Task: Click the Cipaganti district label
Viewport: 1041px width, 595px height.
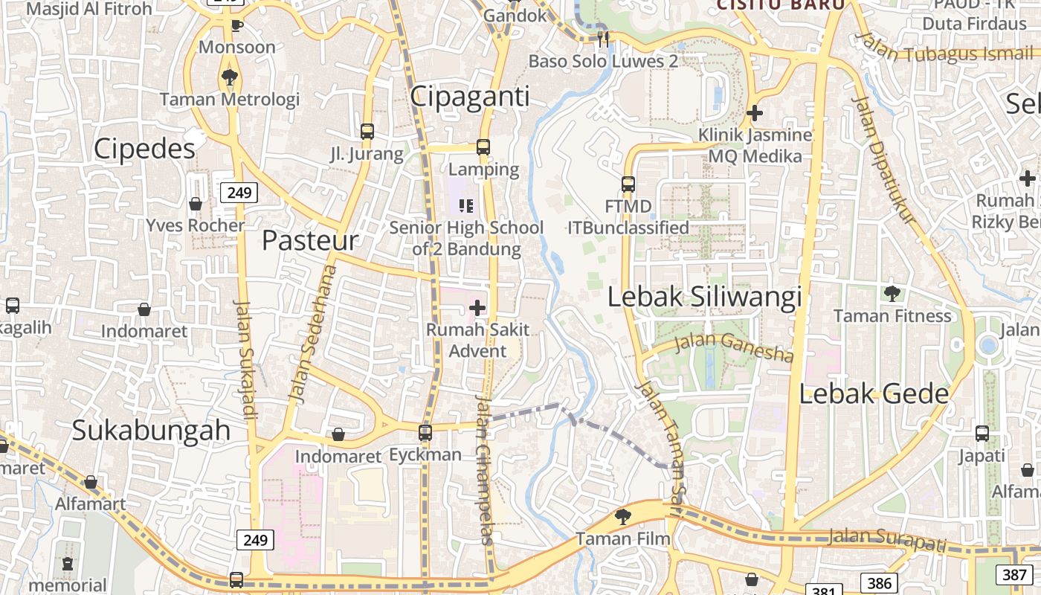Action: [x=470, y=97]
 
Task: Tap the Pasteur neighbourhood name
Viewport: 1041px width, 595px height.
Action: [x=310, y=240]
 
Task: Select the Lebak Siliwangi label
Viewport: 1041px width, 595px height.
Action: [x=704, y=297]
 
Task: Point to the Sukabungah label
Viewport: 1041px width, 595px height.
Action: [x=151, y=431]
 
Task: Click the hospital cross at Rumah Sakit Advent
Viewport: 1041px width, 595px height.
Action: [x=477, y=307]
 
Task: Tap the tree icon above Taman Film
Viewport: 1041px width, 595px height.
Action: [x=623, y=516]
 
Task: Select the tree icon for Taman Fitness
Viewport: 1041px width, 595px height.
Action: [x=892, y=294]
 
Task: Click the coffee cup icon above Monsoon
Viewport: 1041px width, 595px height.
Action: [x=236, y=26]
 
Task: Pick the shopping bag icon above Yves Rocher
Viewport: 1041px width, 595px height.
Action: [x=196, y=203]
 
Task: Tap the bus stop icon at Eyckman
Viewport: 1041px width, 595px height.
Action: [x=425, y=432]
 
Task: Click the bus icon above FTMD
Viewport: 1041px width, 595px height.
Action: [x=628, y=184]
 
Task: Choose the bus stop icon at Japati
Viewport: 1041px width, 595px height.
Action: [x=982, y=434]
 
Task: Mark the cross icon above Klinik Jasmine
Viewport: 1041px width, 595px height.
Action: [x=755, y=113]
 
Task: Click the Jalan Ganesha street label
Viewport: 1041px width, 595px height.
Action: [x=733, y=347]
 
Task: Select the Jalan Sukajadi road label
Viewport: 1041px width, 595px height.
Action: [x=245, y=358]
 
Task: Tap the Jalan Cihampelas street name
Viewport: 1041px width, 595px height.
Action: [x=484, y=469]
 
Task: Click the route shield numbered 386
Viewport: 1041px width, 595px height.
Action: [x=879, y=582]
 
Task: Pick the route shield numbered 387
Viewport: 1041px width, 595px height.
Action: [x=1014, y=574]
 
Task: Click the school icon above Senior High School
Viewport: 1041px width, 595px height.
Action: [x=466, y=205]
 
